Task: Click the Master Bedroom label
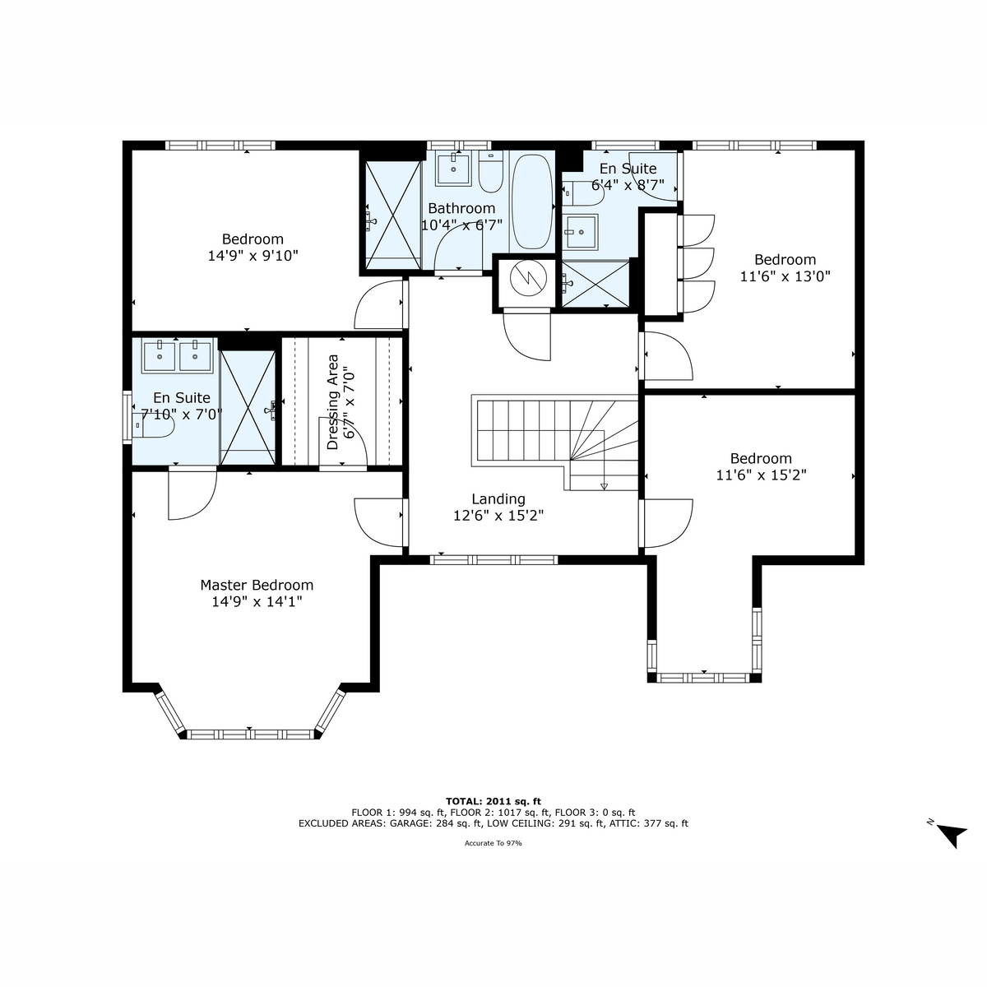click(x=257, y=585)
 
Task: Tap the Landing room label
click(x=498, y=499)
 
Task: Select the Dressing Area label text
click(x=333, y=402)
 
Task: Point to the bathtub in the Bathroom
click(x=532, y=202)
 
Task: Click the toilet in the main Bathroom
click(x=491, y=172)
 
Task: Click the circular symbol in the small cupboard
click(x=528, y=278)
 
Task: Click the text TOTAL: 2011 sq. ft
click(x=493, y=802)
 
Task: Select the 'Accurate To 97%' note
click(x=493, y=843)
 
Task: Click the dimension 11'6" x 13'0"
click(x=785, y=276)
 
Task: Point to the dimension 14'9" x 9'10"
click(x=253, y=256)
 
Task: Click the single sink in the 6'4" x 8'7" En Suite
click(x=581, y=232)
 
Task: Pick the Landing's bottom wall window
click(x=493, y=560)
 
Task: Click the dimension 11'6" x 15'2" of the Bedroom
click(x=761, y=475)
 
